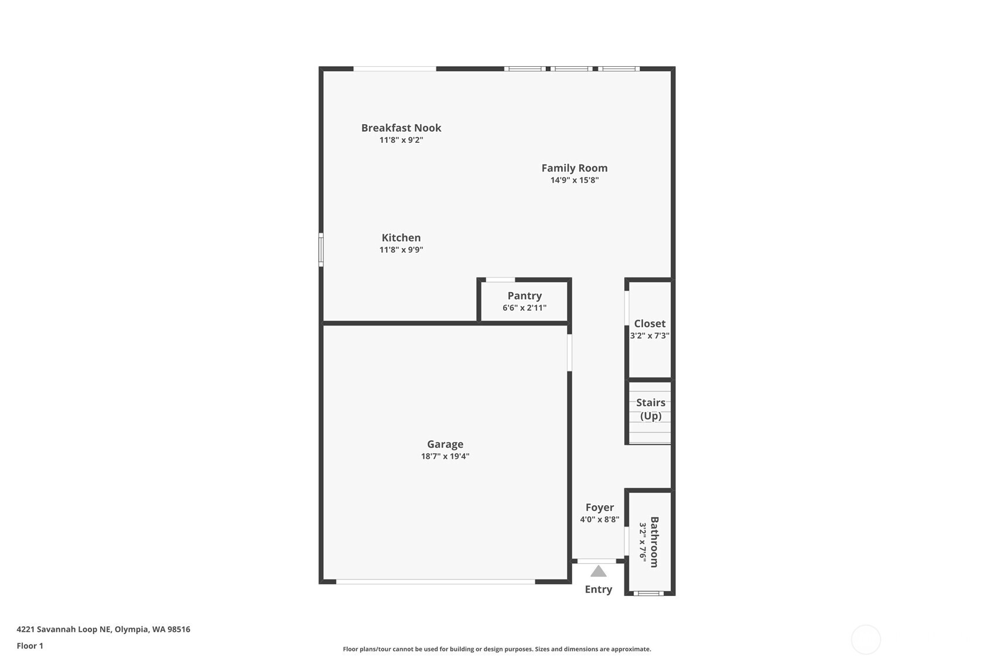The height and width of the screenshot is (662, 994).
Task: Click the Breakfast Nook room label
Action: [x=401, y=128]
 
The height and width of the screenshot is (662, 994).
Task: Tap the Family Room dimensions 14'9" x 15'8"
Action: [x=574, y=180]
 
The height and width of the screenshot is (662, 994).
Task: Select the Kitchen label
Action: [x=401, y=238]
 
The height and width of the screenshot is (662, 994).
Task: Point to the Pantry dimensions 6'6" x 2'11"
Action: [x=524, y=308]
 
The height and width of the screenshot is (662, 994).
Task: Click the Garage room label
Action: [x=445, y=444]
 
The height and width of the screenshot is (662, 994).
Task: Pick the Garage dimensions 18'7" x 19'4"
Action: [x=445, y=457]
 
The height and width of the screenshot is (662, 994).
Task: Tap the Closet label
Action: [x=649, y=324]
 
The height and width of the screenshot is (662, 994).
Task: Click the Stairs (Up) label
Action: [x=650, y=409]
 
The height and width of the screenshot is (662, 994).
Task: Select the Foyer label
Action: [x=599, y=507]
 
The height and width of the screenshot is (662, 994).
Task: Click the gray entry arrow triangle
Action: [x=598, y=571]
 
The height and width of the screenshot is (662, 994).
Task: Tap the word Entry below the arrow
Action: [x=598, y=589]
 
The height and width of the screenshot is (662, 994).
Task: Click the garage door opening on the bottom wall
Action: [x=435, y=582]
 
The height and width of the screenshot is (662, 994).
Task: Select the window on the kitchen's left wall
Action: [x=321, y=250]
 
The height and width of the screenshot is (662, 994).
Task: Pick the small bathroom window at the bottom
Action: [x=648, y=594]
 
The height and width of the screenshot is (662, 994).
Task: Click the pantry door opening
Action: [x=500, y=280]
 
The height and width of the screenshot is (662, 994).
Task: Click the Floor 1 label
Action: [x=30, y=646]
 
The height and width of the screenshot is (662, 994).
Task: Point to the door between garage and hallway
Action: [x=569, y=352]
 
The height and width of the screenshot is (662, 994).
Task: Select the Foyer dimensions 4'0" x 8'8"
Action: [x=599, y=520]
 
